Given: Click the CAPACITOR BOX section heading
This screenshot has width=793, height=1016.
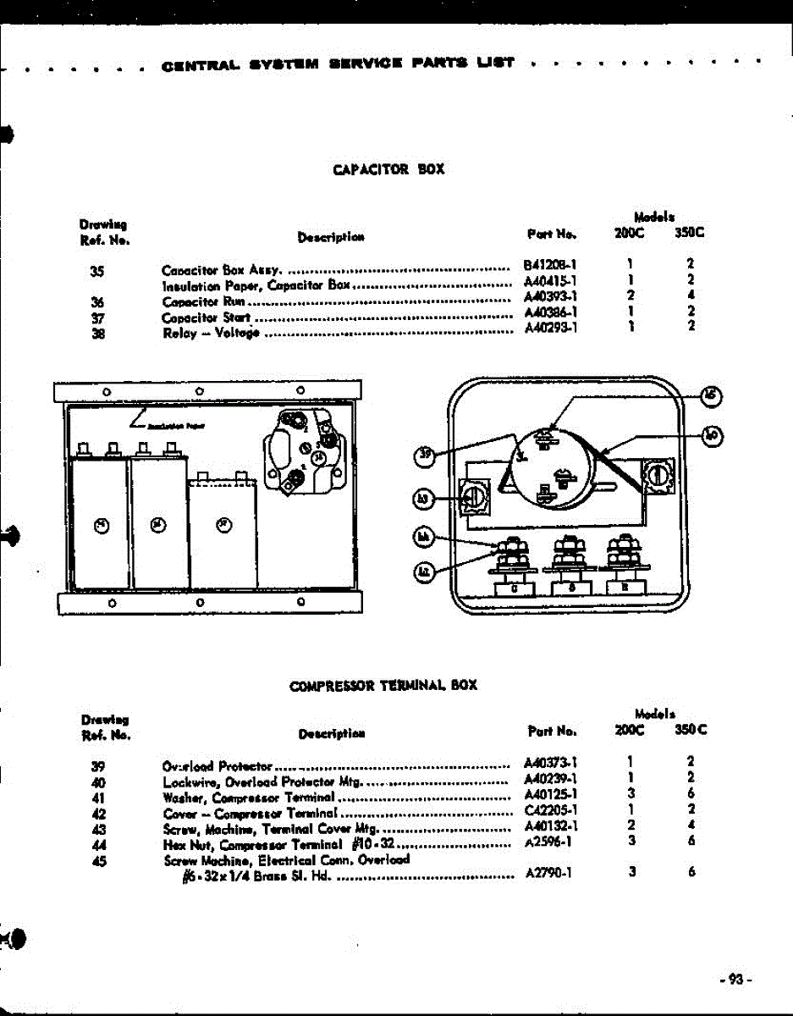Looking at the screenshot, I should coord(388,169).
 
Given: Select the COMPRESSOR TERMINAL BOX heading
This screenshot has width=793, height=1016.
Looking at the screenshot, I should coord(383,685).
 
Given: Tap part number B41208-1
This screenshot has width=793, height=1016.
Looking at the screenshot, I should coord(550,264).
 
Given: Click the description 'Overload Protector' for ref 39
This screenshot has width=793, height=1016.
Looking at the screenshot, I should coord(217,766).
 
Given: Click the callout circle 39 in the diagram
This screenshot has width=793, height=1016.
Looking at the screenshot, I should coord(426,457).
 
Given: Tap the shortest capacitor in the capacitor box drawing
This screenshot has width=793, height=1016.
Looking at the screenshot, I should coord(222,529).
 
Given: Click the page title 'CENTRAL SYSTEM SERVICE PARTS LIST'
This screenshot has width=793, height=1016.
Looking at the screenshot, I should coord(337,63).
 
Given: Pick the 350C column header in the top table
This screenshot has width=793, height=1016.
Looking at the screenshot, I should coord(690,233).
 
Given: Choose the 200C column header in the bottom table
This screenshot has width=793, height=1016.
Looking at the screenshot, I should coord(630,729).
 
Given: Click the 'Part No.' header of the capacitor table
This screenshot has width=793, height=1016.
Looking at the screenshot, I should coord(550,233).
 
